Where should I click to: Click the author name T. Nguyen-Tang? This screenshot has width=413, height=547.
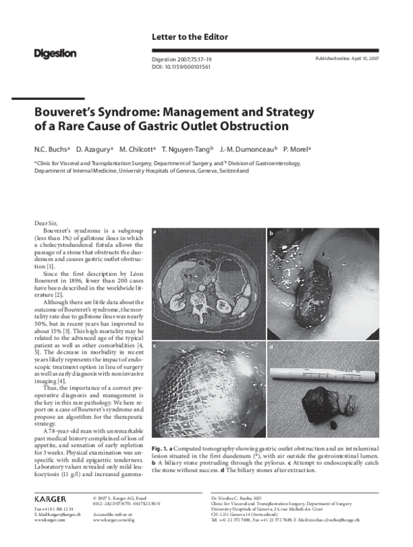click(188, 149)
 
